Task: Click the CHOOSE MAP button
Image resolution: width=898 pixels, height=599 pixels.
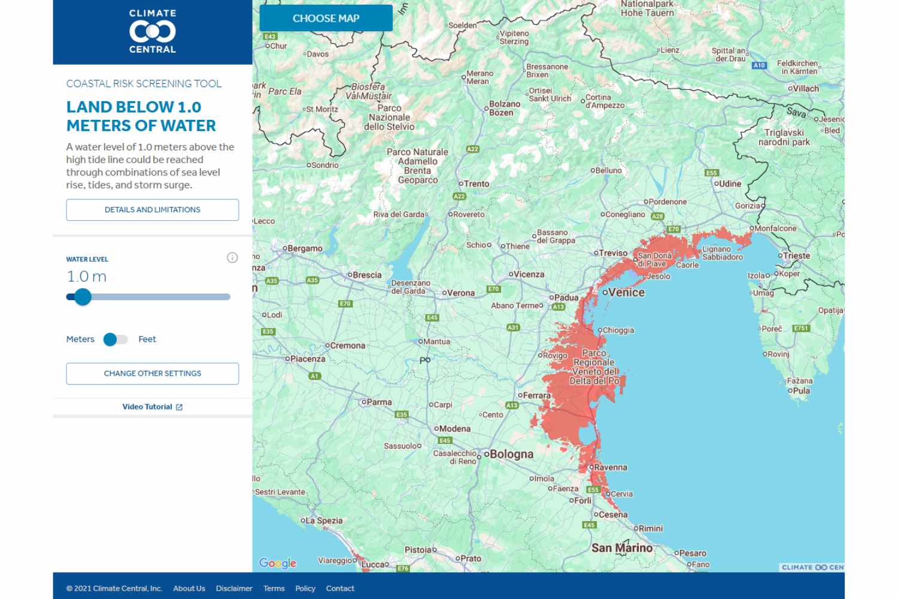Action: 326,19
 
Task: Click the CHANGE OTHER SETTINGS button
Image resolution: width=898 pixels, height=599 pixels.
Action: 153,373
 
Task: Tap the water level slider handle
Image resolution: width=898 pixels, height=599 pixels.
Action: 83,297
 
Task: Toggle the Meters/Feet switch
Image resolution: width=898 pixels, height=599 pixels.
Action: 115,340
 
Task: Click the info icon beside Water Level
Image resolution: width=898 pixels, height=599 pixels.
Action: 232,258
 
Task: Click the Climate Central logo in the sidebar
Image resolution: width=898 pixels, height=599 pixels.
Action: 153,31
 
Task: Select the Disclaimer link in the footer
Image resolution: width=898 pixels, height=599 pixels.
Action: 234,588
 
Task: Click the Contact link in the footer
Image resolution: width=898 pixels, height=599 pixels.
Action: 340,588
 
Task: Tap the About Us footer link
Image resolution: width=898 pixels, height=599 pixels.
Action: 189,588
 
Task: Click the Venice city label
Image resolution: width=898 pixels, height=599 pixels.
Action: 626,292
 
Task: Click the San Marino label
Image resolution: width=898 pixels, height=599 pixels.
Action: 622,547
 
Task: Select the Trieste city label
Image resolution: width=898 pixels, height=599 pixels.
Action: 796,256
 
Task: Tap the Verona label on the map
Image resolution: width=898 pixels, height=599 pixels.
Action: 460,293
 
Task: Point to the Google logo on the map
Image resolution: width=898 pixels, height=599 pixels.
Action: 278,563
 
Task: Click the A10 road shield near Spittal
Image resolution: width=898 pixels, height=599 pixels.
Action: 759,65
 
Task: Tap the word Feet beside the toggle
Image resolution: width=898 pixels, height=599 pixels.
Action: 147,339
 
